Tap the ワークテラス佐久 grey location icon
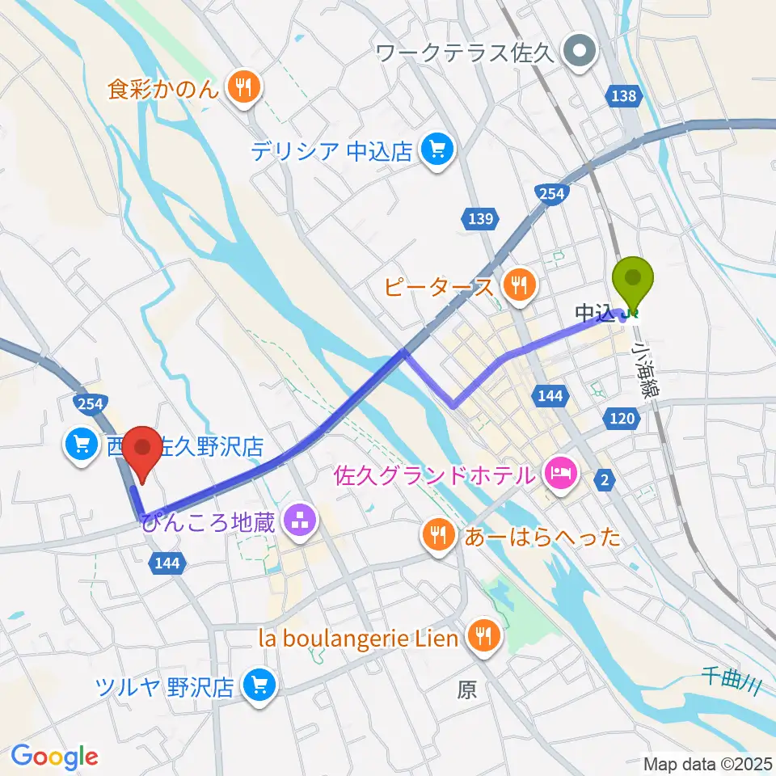pos(580,54)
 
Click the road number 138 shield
pos(624,97)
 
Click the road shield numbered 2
pos(605,480)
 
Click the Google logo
pos(55,756)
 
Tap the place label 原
pos(466,690)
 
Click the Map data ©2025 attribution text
pos(707,762)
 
